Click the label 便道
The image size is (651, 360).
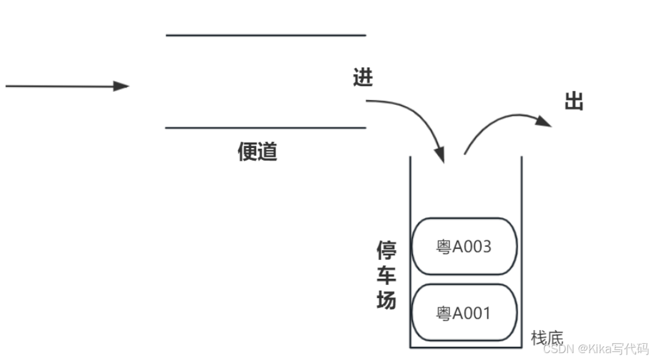257,151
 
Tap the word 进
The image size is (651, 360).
362,78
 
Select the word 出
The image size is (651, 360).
574,101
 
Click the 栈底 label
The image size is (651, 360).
547,337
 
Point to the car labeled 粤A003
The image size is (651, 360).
465,246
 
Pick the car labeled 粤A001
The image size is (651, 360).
465,312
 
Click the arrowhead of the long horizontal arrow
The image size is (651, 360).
121,86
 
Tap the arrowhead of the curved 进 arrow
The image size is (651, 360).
440,155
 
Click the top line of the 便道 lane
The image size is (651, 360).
266,36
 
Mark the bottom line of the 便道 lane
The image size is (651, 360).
266,128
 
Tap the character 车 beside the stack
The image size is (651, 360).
386,275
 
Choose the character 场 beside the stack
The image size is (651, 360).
386,300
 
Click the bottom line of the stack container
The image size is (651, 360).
465,347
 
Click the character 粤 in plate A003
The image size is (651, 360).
444,247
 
